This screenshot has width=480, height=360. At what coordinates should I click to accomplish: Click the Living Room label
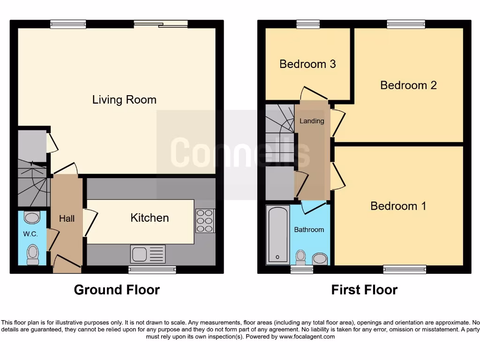pyautogui.click(x=124, y=99)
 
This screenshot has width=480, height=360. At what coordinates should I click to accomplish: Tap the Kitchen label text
pyautogui.click(x=150, y=217)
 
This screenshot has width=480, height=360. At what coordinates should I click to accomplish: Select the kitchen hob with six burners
pyautogui.click(x=205, y=220)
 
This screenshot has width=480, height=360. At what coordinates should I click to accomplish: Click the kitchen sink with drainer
pyautogui.click(x=148, y=254)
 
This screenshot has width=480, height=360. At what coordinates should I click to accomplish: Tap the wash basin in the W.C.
pyautogui.click(x=31, y=217)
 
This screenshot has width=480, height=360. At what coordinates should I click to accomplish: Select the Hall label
pyautogui.click(x=67, y=218)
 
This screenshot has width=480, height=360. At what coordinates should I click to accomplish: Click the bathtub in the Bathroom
pyautogui.click(x=277, y=234)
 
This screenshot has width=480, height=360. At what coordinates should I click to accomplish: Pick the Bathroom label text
pyautogui.click(x=309, y=230)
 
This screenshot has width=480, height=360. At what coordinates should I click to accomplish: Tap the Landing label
pyautogui.click(x=312, y=121)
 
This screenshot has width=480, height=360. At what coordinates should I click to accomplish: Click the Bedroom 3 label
pyautogui.click(x=307, y=64)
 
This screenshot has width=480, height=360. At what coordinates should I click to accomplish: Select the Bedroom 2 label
pyautogui.click(x=408, y=85)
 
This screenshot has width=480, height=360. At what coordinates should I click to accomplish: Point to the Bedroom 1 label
pyautogui.click(x=398, y=206)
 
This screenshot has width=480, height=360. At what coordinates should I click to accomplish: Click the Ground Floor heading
pyautogui.click(x=117, y=290)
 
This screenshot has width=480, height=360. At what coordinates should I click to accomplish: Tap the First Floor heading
pyautogui.click(x=364, y=290)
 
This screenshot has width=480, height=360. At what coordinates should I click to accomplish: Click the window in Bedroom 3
pyautogui.click(x=308, y=24)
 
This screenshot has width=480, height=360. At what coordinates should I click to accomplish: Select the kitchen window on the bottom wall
pyautogui.click(x=152, y=270)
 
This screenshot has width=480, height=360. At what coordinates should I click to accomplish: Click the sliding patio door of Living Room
pyautogui.click(x=160, y=24)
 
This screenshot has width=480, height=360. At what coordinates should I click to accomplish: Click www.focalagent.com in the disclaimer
pyautogui.click(x=307, y=337)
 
